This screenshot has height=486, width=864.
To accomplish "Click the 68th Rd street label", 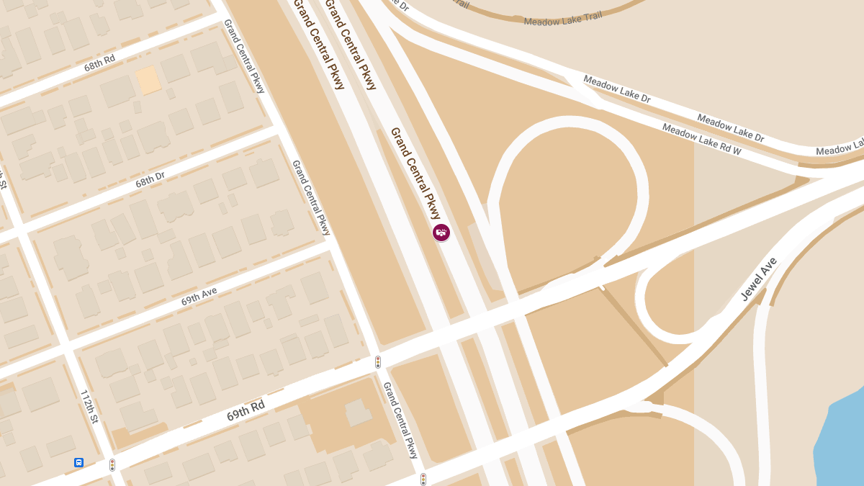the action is coord(99,63).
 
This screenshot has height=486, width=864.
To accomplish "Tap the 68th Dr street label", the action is coord(150,179).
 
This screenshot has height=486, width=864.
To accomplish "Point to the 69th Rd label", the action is coord(246,411).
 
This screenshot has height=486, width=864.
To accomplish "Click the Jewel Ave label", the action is coord(759,279).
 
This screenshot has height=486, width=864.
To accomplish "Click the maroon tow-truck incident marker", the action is coord(441,232).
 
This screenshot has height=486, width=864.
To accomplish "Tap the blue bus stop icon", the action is coord(78,462).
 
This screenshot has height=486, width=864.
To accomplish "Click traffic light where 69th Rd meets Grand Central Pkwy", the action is coord(378,361).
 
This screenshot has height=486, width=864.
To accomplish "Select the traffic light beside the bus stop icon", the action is coord(112,465).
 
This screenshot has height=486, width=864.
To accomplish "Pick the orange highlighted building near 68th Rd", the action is coord(148,80).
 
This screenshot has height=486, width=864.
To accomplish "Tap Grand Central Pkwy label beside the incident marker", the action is coord(415,173).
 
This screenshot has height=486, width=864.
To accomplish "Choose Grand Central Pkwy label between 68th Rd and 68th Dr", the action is coord(245,56).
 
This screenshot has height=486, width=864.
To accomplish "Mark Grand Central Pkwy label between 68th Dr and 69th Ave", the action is coord(311,197).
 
